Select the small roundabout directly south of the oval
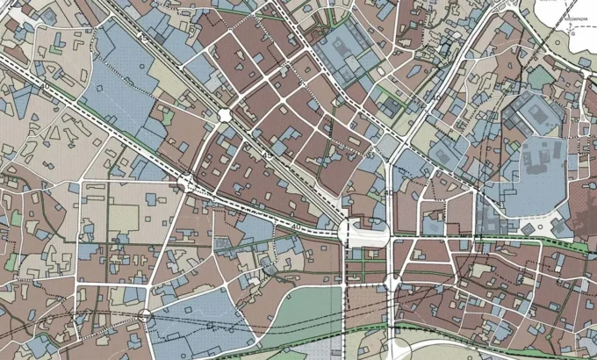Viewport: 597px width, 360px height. point(392,282)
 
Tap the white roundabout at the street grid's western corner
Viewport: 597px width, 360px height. point(224,115)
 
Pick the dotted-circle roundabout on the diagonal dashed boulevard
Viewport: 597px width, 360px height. point(187,183)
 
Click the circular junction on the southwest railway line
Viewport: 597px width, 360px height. point(146,314)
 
